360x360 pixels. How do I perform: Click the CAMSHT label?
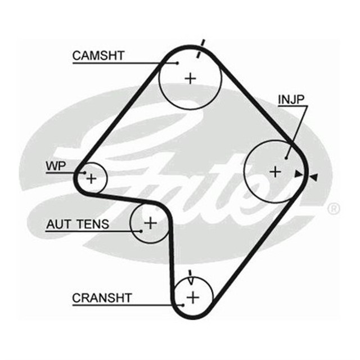click(x=98, y=56)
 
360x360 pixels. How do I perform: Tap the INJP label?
click(x=291, y=100)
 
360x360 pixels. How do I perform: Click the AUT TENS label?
click(x=77, y=225)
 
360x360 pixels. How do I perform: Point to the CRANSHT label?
click(x=101, y=298)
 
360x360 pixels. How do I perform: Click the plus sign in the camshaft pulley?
click(x=190, y=78)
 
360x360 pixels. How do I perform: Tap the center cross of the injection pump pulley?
click(x=274, y=171)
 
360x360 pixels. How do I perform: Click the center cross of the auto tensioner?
click(x=150, y=223)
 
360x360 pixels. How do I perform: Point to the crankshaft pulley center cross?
click(x=193, y=296)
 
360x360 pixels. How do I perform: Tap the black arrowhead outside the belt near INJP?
click(x=314, y=177)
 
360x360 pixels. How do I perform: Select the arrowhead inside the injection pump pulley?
click(x=298, y=174)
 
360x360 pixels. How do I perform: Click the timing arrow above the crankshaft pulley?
click(x=191, y=277)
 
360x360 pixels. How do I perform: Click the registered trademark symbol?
click(x=334, y=209)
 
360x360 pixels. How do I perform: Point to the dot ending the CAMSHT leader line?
click(x=178, y=62)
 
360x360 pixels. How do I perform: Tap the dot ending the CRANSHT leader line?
click(x=182, y=305)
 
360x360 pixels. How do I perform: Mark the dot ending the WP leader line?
click(x=84, y=172)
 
